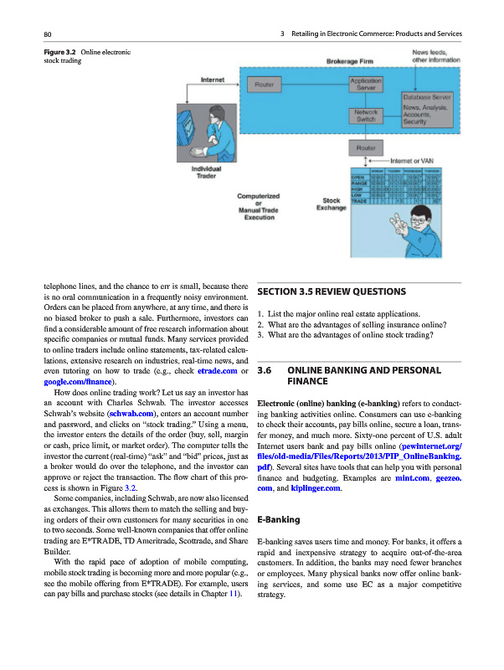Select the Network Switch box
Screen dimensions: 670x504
[x=365, y=116]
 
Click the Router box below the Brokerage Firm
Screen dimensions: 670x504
[x=365, y=147]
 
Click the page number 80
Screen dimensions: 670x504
[x=49, y=33]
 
